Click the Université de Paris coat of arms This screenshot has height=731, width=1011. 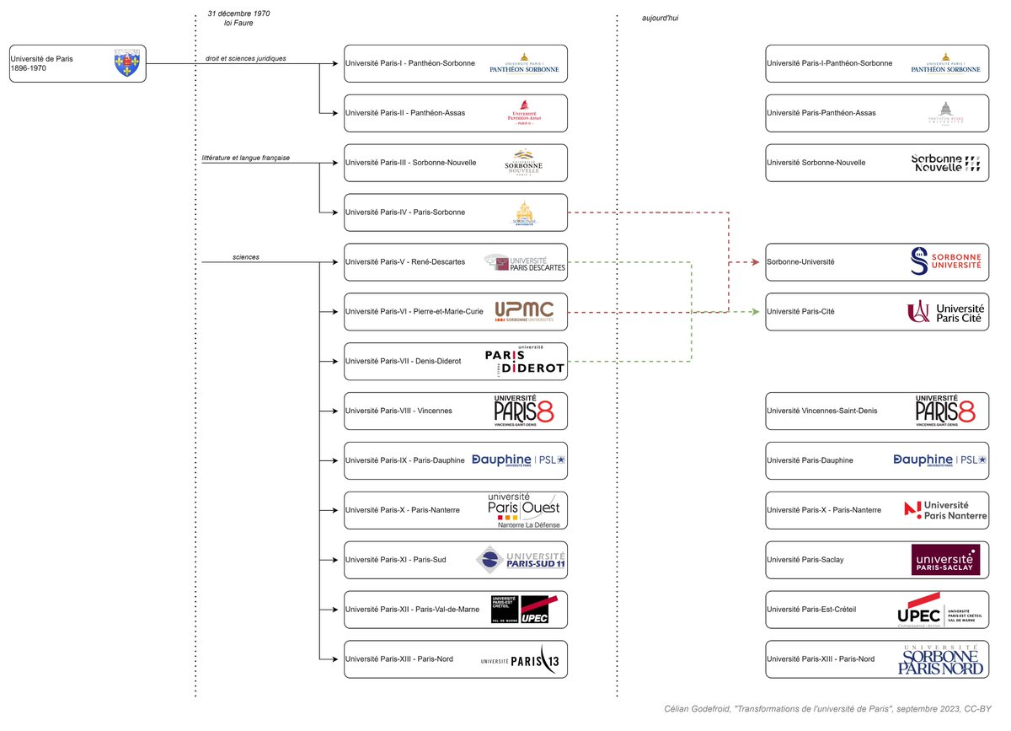(x=125, y=63)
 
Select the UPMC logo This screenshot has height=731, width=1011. (x=524, y=311)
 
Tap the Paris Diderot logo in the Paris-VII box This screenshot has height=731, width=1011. (x=524, y=361)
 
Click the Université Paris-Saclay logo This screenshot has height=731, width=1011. (x=945, y=560)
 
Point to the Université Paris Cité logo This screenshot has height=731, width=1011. (x=945, y=312)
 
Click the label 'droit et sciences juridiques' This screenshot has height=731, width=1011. (x=246, y=58)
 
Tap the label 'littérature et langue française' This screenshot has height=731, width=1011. (x=246, y=158)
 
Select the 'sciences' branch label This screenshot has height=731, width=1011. (x=246, y=257)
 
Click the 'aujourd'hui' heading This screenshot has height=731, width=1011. (x=660, y=18)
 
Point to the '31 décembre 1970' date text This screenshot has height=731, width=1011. (x=238, y=13)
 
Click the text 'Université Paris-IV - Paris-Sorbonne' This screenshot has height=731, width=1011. (x=405, y=212)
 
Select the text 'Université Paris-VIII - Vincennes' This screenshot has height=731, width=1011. (x=399, y=411)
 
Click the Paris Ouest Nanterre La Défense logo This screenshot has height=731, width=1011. (x=523, y=510)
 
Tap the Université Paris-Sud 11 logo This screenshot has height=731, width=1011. (x=521, y=560)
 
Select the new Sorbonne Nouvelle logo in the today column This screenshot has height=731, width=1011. (x=946, y=163)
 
